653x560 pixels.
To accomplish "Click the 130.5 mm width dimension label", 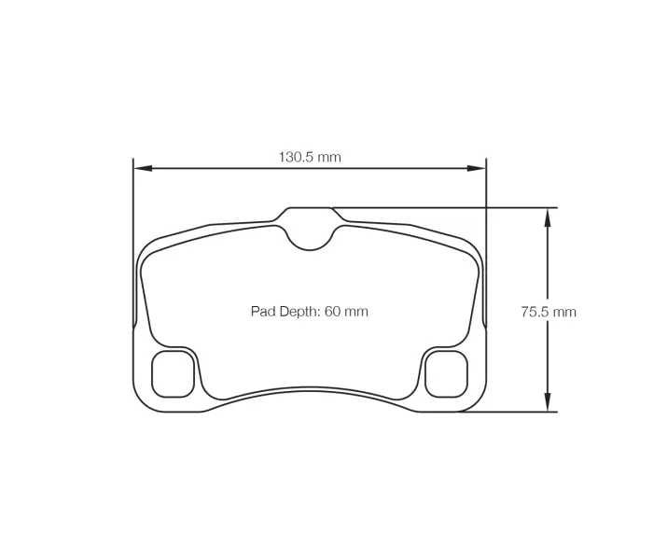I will [x=310, y=157].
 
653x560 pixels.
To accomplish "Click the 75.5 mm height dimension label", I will [x=548, y=312].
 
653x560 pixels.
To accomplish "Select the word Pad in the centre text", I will [x=262, y=312].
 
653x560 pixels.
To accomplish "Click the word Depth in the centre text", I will [x=299, y=312].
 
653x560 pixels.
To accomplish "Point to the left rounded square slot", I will [x=173, y=373].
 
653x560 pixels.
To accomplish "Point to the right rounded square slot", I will [x=446, y=373].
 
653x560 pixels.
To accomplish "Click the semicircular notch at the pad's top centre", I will [x=310, y=235].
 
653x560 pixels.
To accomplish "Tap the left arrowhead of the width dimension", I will [x=141, y=169].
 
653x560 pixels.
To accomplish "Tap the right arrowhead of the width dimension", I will [x=479, y=169].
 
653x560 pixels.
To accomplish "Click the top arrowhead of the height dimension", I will [x=548, y=216].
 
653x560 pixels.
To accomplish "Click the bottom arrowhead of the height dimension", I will [x=548, y=403].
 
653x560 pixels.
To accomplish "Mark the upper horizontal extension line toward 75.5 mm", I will [x=448, y=207].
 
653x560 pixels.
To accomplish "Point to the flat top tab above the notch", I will [x=310, y=208].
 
